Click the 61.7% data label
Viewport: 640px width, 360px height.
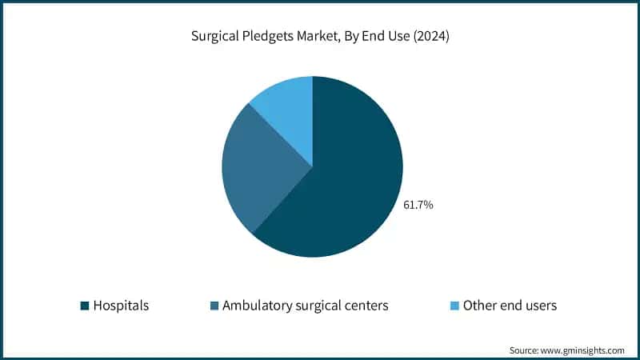418,206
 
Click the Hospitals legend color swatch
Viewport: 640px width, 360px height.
85,306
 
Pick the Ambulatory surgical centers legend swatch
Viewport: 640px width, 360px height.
214,306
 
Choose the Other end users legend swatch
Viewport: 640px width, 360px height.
454,306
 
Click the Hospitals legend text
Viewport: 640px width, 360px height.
121,306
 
